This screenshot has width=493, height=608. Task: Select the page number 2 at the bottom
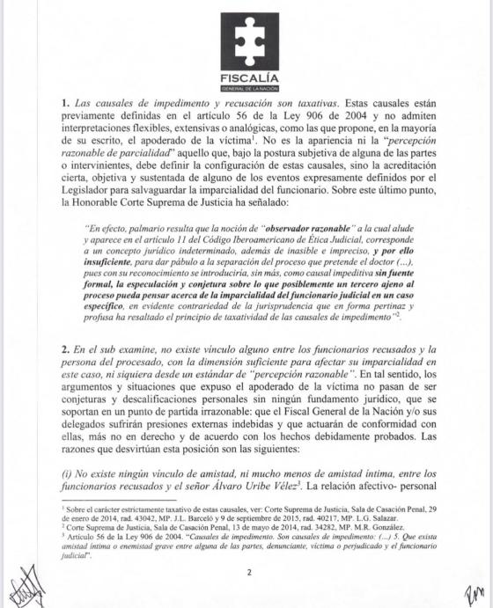click(248, 573)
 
